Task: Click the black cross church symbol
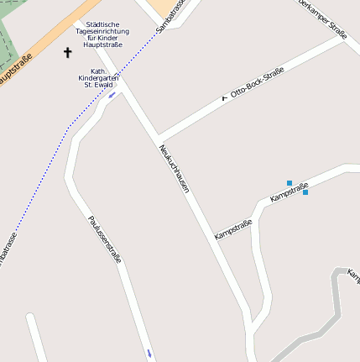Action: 68,53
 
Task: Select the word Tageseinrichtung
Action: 102,31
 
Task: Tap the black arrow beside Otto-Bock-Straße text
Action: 224,97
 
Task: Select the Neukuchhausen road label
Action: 174,169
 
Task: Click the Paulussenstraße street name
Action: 105,239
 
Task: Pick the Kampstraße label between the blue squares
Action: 289,191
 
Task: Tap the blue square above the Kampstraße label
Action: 290,182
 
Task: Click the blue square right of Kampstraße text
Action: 305,192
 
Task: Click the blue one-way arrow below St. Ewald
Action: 112,95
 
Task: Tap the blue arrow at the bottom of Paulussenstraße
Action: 149,354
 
